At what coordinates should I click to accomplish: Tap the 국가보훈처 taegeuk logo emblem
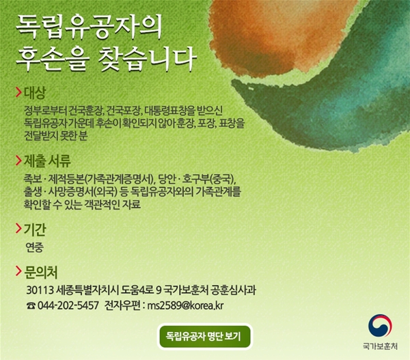380,327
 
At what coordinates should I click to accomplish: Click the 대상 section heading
35,92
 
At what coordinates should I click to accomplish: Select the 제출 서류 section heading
47,161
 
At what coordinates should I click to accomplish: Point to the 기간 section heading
35,230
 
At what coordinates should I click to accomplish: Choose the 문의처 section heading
40,272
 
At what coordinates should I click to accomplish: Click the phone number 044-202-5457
68,305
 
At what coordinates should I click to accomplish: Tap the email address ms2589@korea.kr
185,305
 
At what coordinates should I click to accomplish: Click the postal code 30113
40,290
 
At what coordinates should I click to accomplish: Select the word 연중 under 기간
34,247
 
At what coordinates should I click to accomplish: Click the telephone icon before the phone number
31,305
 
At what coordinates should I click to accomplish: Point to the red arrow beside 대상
18,92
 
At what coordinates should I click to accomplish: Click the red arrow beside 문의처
18,271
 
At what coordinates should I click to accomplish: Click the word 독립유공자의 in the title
89,27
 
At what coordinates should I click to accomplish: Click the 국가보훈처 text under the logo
380,346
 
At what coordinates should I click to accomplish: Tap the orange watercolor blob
282,34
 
